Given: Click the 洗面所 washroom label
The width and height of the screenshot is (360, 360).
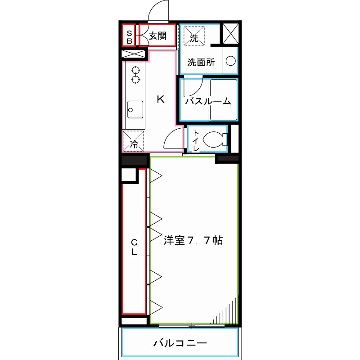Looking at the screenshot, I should tap(201, 63).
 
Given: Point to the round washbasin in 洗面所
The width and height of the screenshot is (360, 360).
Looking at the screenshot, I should tap(230, 62).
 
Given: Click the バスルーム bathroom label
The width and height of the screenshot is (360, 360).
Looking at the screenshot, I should tap(208, 101).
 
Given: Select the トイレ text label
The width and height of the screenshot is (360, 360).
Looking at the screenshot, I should tap(196, 139).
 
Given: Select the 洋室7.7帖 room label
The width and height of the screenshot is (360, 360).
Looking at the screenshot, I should tap(193, 240).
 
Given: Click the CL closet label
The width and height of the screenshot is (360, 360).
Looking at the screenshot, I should tap(134, 247).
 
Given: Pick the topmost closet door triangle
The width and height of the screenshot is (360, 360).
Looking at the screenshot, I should tap(155, 176).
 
